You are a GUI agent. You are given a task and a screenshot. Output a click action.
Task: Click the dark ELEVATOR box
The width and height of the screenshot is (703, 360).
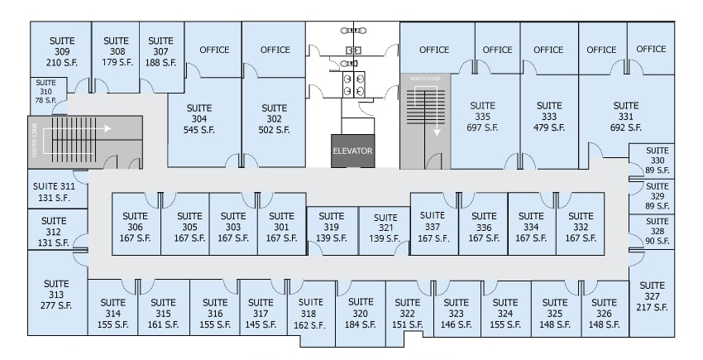click(353, 151)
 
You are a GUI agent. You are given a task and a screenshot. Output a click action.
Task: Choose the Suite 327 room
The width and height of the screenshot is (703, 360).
click(652, 296)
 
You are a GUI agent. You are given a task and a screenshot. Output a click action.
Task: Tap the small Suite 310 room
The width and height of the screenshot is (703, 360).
click(45, 91)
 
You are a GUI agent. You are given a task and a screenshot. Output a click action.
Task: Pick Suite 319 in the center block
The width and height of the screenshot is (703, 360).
click(331, 227)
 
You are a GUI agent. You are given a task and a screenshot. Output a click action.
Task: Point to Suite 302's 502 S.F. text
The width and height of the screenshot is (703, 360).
click(274, 130)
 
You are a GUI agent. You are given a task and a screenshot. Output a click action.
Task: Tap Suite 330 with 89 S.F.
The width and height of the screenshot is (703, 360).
click(657, 161)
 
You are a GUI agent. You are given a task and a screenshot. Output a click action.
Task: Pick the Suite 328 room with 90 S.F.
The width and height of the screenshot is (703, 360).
click(657, 231)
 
